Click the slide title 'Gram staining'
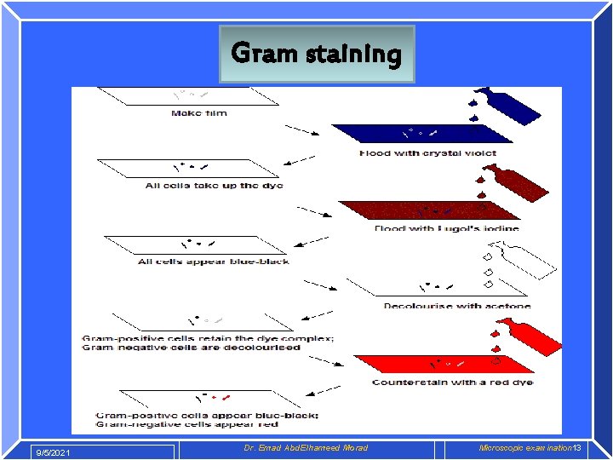point(316,54)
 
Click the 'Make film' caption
point(198,113)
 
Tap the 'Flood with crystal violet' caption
point(427,153)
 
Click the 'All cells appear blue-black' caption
point(213,261)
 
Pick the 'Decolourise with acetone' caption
point(456,306)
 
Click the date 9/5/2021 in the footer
point(54,451)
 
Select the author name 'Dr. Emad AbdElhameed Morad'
point(306,448)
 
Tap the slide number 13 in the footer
point(576,448)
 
